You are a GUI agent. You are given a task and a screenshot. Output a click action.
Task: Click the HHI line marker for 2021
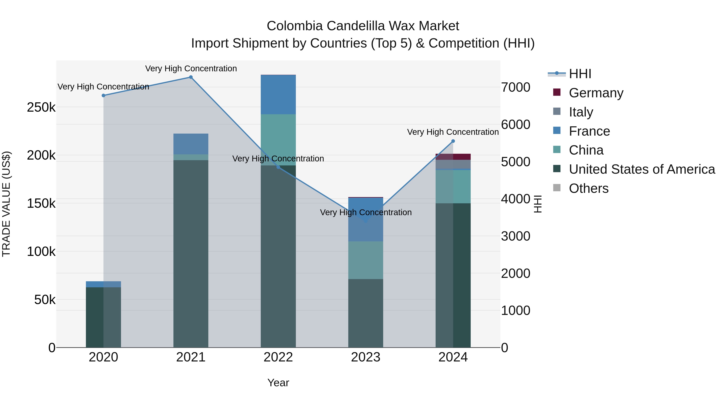click(x=191, y=77)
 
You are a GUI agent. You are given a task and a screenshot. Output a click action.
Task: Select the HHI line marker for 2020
click(x=103, y=96)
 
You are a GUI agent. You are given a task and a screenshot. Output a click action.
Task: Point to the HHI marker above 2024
click(x=453, y=141)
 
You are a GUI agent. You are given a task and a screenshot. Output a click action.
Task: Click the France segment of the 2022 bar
click(x=278, y=95)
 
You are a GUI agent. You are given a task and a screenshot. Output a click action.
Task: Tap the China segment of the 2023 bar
click(x=366, y=260)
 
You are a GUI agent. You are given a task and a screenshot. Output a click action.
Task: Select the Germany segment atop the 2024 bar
click(x=453, y=157)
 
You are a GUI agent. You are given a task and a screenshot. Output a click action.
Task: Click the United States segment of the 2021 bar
click(x=191, y=253)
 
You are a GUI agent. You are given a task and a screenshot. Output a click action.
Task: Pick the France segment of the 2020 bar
click(x=103, y=284)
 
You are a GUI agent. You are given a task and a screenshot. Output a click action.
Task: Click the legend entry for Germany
click(x=596, y=93)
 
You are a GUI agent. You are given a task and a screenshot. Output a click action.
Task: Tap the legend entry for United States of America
click(x=642, y=169)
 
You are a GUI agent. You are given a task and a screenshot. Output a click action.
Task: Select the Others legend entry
click(x=588, y=188)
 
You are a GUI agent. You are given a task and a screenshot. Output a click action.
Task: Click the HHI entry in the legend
click(x=580, y=74)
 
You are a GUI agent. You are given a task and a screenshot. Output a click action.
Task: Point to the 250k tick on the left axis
click(x=41, y=107)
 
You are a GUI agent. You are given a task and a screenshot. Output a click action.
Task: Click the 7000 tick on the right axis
click(x=515, y=87)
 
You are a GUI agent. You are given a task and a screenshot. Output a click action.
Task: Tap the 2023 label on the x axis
click(x=366, y=357)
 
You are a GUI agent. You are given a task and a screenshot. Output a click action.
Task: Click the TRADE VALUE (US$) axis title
click(x=6, y=204)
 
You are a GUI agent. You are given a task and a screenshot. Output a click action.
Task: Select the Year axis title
click(x=278, y=383)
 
